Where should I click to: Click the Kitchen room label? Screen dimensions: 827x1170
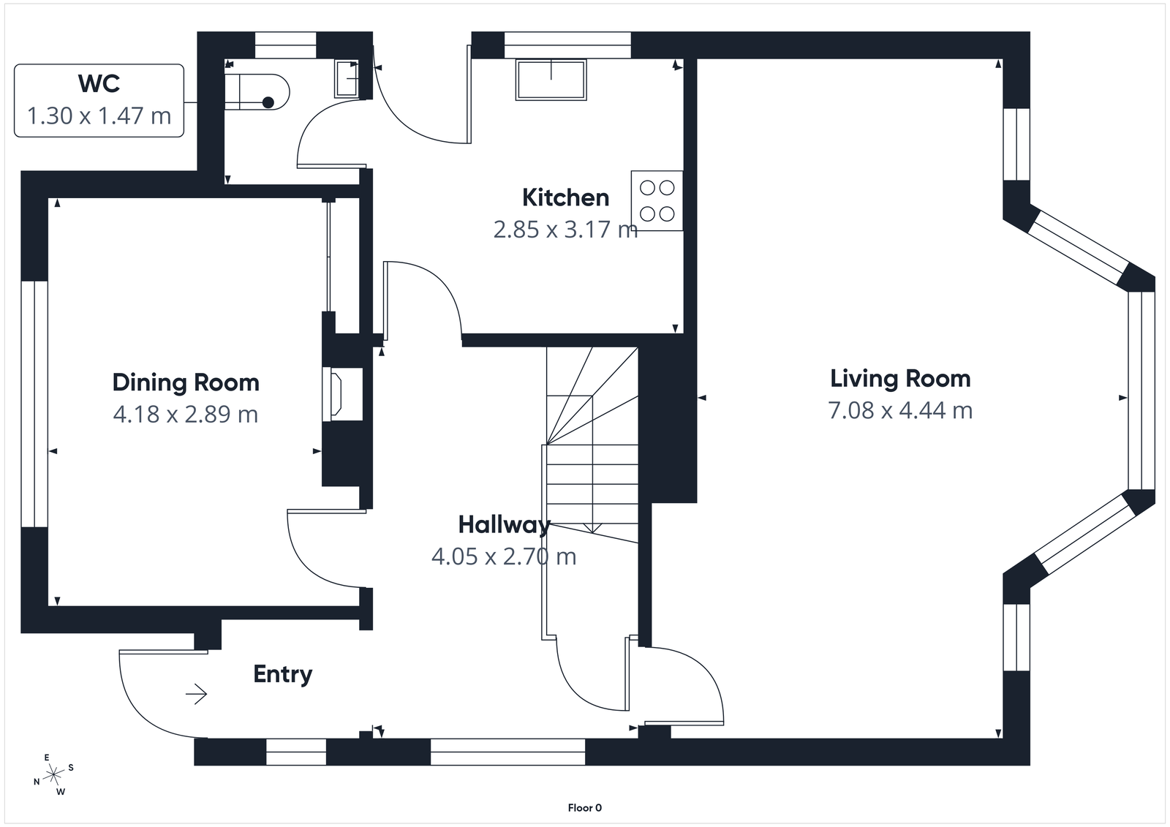tap(565, 197)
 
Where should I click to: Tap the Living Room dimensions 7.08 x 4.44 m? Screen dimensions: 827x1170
tap(900, 410)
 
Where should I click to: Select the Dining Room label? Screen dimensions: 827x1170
tap(186, 382)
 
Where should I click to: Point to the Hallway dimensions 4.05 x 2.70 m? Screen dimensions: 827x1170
tap(504, 556)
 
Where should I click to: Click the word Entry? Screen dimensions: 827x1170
tap(282, 673)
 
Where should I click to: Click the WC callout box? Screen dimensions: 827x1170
tap(99, 100)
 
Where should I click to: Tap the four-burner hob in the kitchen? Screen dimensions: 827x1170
tap(657, 201)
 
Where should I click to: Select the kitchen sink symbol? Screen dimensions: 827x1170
tap(551, 80)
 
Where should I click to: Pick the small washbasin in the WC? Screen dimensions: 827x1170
tap(347, 78)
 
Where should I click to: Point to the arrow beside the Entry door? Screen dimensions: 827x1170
tap(197, 693)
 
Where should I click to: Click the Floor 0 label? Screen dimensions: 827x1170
tap(584, 808)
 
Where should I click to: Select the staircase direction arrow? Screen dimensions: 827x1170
tap(592, 527)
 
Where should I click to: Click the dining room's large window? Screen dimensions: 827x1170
tap(34, 404)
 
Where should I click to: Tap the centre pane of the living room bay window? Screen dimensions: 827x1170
tap(1141, 390)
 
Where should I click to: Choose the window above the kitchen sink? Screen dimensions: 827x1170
tap(567, 45)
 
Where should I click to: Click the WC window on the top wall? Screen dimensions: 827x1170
tap(285, 45)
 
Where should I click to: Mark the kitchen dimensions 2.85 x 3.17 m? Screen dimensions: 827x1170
tap(565, 230)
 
